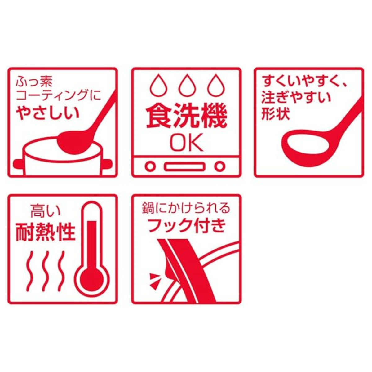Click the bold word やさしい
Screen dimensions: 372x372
point(48,113)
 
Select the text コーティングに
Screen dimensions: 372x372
point(59,95)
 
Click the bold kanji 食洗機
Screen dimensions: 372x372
point(187,117)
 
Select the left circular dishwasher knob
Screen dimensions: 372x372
point(150,166)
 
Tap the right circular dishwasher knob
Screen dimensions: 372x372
point(220,166)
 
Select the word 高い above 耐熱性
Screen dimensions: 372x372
point(46,212)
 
